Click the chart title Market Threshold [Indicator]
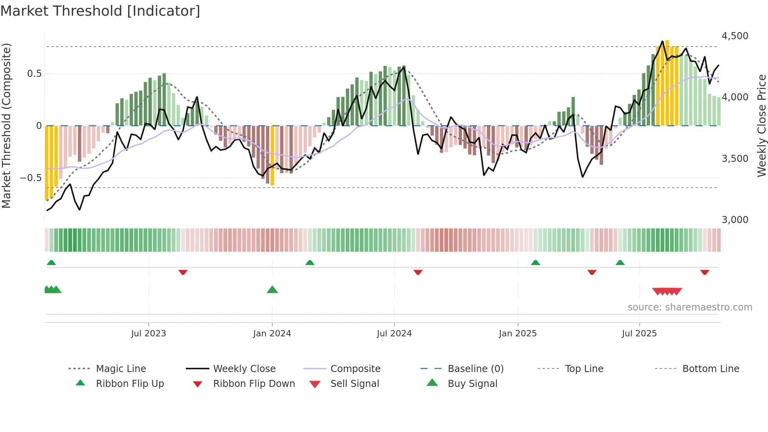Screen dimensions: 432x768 100,11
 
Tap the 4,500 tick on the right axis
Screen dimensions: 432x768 735,36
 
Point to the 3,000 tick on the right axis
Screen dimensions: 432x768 735,220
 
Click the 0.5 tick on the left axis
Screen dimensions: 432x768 34,74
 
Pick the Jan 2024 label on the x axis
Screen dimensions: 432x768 272,334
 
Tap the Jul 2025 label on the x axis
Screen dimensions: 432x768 639,334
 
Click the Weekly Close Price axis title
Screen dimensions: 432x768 761,125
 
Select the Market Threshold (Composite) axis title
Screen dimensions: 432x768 6,125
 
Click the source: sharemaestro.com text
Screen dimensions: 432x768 690,307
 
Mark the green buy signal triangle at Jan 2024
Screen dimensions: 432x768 272,290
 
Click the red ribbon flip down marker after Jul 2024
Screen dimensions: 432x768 418,272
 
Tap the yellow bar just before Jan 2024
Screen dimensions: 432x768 272,156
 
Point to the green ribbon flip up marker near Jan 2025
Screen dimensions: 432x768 535,263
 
